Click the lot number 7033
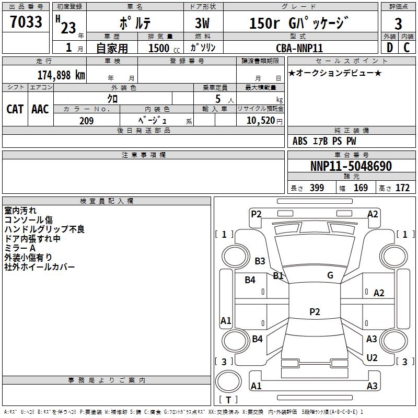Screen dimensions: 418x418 pos(26,21)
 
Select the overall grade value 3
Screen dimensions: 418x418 pos(398,24)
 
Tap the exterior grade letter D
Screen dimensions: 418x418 pos(390,48)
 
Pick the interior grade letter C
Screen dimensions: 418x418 pos(407,48)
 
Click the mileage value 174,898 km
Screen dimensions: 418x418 pos(61,75)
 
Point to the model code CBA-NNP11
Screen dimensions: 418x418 pos(299,48)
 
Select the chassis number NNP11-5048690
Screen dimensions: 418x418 pos(351,166)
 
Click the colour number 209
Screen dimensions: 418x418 pos(86,121)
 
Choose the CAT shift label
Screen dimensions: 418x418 pos(15,109)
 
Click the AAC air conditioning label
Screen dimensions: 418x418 pos(40,109)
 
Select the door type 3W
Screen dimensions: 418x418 pos(202,23)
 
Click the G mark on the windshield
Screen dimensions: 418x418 pos(330,275)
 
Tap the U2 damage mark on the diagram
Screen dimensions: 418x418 pos(372,357)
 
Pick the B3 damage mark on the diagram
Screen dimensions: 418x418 pos(260,261)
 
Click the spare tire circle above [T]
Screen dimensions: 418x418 pos(228,381)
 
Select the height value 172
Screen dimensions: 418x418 pos(402,188)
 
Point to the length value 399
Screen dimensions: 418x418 pos(317,188)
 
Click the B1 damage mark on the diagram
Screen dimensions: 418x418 pos(278,275)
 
